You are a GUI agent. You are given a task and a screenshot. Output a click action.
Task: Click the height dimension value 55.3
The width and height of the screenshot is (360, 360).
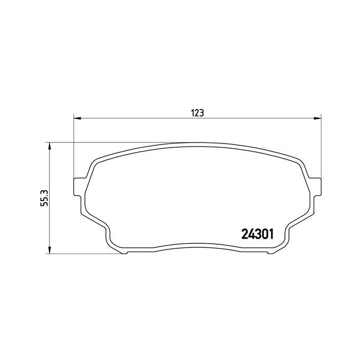pyautogui.click(x=44, y=198)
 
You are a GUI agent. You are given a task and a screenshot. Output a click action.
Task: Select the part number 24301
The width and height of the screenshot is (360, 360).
pyautogui.click(x=257, y=234)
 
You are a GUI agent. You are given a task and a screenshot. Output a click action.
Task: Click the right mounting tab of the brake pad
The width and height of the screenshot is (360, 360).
pyautogui.click(x=317, y=186)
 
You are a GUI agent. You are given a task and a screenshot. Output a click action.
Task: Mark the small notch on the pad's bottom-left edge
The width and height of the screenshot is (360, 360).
pyautogui.click(x=128, y=253)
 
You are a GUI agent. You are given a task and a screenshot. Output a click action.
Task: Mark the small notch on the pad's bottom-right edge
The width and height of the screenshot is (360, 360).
pyautogui.click(x=268, y=253)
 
